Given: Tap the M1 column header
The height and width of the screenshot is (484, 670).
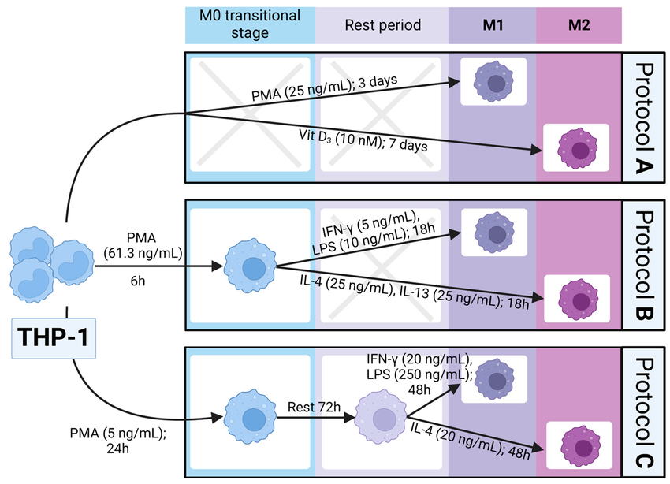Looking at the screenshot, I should click(493, 25).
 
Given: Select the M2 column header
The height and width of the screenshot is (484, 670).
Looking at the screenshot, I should click(579, 25).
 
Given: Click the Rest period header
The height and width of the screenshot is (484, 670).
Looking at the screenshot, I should click(382, 25).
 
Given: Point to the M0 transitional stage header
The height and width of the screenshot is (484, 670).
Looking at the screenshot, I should click(250, 25).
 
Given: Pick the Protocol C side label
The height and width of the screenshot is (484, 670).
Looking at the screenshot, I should click(645, 412).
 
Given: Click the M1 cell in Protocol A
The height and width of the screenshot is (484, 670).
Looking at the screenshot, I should click(493, 83).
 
